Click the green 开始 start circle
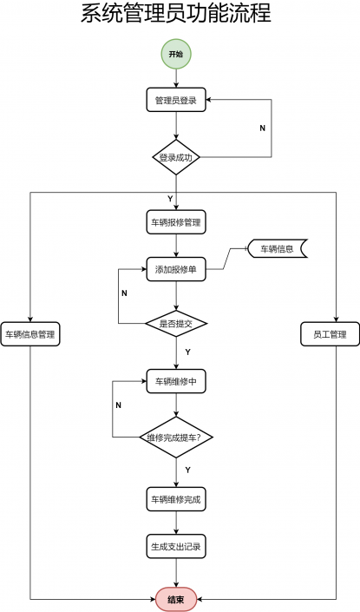click(176, 54)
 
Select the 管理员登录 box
click(176, 100)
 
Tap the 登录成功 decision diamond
click(176, 157)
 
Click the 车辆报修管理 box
click(176, 222)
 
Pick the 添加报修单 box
click(176, 269)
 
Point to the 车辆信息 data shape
click(278, 248)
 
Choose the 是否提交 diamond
click(176, 323)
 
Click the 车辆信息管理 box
click(30, 334)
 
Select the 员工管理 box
click(330, 334)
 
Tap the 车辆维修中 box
click(176, 381)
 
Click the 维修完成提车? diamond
click(176, 438)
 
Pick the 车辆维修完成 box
click(176, 499)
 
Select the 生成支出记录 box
click(176, 546)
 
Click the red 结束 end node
click(176, 599)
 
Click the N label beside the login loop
click(263, 128)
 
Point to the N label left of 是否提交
click(124, 293)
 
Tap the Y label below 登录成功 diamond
click(170, 199)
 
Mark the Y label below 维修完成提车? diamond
click(187, 470)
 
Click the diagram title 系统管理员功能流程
click(176, 13)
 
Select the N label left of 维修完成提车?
click(119, 405)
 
